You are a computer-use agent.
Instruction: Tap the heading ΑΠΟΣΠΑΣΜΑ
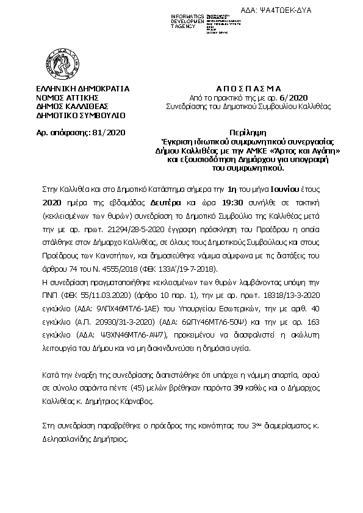coord(239,88)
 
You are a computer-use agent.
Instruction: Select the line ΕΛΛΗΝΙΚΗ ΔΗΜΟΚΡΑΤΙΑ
coord(82,88)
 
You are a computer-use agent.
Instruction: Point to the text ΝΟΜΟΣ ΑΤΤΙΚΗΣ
coord(67,97)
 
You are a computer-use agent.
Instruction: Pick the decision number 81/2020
coord(108,131)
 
